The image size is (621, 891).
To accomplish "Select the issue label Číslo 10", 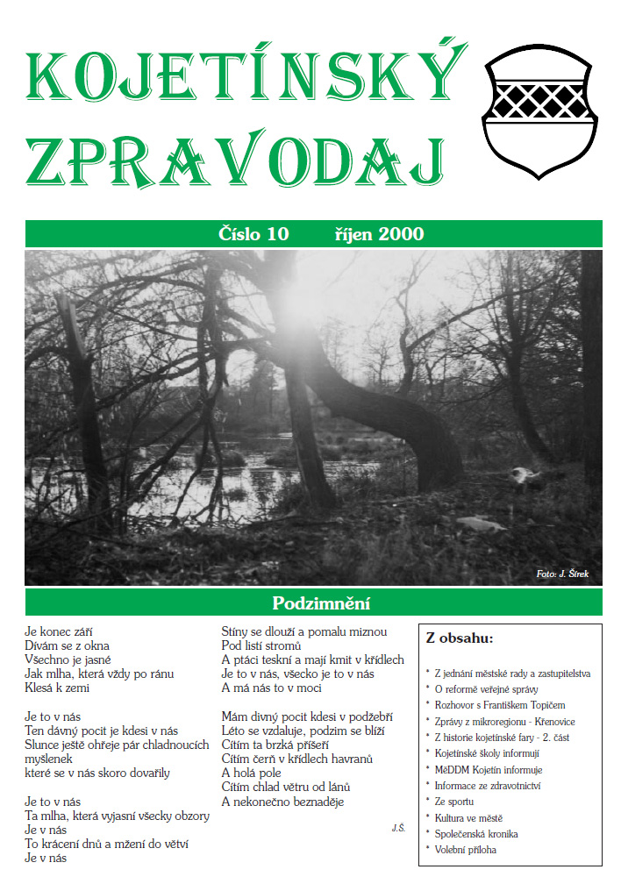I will click(253, 234).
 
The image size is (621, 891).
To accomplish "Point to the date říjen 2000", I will click(379, 234).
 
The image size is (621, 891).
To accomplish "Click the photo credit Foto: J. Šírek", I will click(562, 574).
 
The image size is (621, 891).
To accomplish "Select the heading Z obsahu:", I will click(460, 638).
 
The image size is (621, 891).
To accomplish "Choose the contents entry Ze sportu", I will click(454, 802).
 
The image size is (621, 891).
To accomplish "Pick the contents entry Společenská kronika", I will click(479, 833).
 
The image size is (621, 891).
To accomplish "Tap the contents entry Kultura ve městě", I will click(468, 817).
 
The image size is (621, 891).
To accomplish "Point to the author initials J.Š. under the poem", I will click(398, 827).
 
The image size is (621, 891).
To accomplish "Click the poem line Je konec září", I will click(59, 631).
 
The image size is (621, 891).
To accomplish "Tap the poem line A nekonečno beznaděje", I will click(282, 802).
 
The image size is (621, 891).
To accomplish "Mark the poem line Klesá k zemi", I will click(58, 688).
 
